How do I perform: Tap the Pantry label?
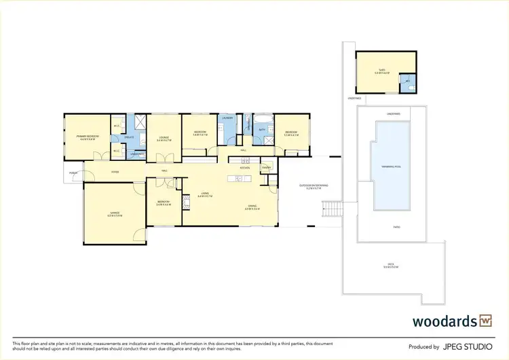coord(266,167)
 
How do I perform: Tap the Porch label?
coord(73,173)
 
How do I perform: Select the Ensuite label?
coord(128,138)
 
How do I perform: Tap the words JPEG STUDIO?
coord(466,346)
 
